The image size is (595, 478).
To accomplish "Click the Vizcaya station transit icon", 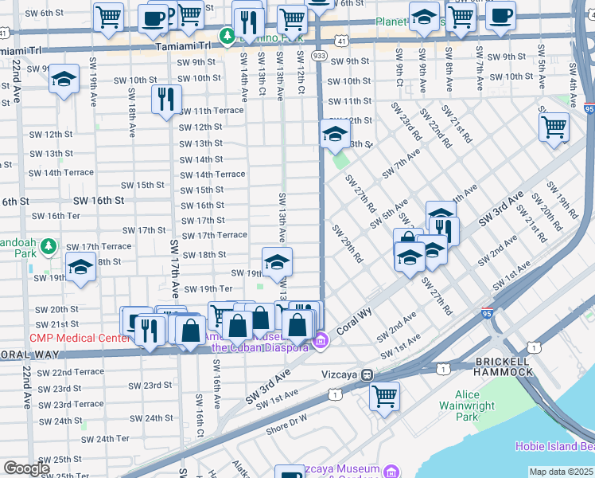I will point(367,374).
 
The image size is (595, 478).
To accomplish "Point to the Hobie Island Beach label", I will point(554,446).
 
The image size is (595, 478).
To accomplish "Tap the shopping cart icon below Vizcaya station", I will point(384,395).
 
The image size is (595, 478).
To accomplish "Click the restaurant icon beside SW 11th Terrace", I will point(165,100).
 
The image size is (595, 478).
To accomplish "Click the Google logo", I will point(27,468).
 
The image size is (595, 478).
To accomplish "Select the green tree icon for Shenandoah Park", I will point(49,245).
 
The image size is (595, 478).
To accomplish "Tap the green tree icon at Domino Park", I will point(227,37).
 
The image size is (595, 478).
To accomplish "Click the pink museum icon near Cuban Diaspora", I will point(320,343).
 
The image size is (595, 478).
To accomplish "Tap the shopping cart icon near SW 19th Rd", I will point(554,127).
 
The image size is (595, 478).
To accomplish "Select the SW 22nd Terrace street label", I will point(70,372).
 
